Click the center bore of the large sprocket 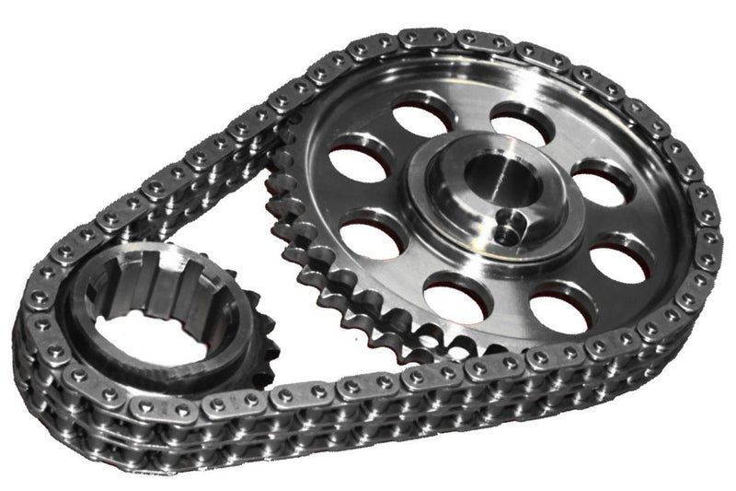(485, 174)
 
